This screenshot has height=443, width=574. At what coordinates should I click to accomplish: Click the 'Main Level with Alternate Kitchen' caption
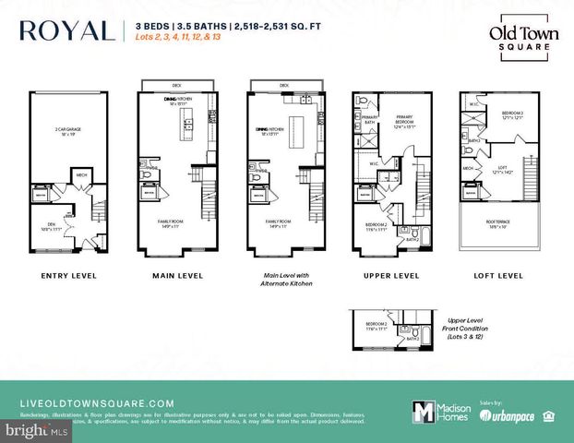point(282,280)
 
